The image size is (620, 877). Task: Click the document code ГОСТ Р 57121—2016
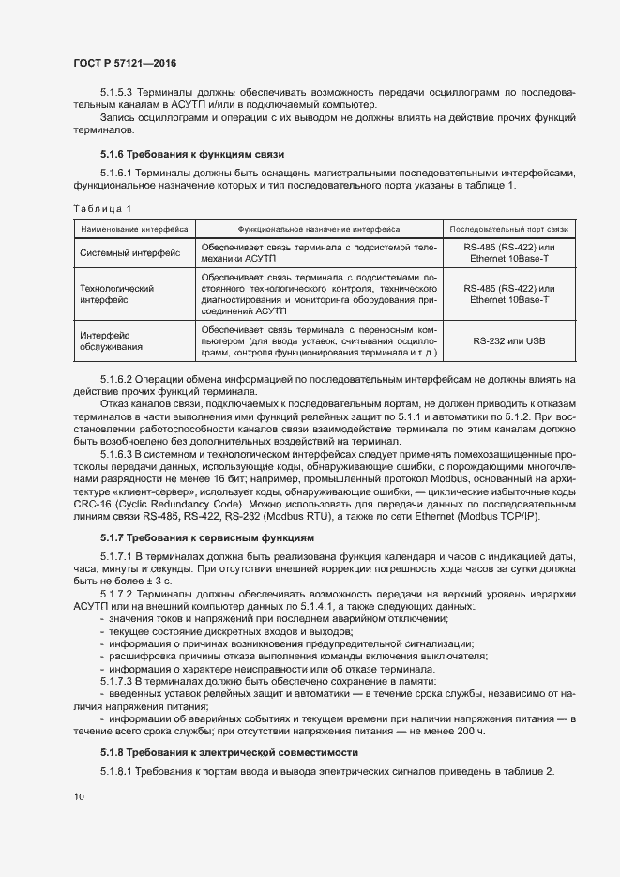(x=125, y=63)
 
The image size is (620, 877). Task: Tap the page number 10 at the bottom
(x=80, y=796)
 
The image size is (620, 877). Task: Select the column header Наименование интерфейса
(x=134, y=228)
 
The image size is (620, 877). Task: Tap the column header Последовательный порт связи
(x=508, y=228)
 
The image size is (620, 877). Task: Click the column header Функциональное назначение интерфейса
(x=319, y=228)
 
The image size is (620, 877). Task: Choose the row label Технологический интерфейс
(x=116, y=295)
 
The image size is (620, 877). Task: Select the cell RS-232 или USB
(x=508, y=340)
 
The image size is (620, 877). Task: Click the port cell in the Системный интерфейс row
(x=508, y=252)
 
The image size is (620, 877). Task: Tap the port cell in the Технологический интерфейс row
(x=508, y=294)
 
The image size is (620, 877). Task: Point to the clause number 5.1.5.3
(x=119, y=92)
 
